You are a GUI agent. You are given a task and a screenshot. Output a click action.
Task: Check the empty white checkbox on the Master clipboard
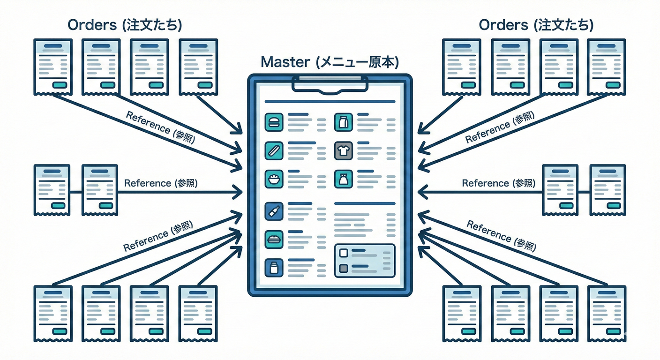[343, 253]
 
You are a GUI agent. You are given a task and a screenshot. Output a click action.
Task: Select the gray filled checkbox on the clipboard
[343, 269]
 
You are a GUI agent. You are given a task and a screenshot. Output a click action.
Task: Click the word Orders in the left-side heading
[92, 25]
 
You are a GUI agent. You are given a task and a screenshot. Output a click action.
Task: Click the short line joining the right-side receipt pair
[584, 191]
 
